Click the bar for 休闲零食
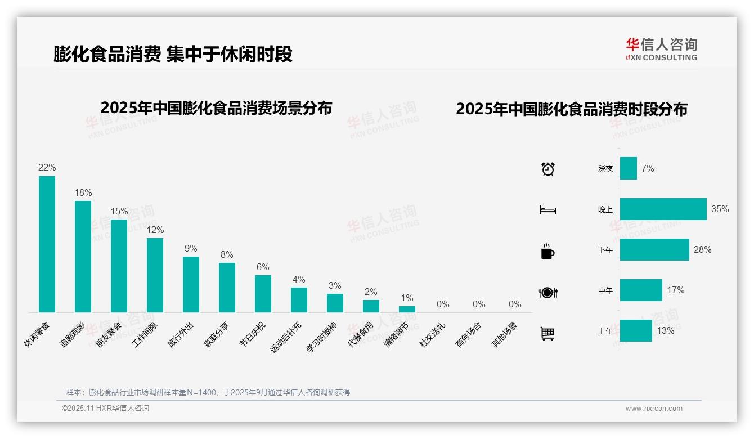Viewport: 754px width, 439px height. (47, 244)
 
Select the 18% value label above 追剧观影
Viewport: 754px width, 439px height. (83, 192)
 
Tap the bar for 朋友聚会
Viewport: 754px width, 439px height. (119, 266)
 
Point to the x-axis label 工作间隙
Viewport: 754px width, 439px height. (145, 334)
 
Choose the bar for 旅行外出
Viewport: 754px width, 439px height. (191, 284)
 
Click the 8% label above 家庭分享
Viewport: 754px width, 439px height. (227, 254)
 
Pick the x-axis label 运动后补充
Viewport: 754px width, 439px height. (286, 337)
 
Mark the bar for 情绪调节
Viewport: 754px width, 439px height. (407, 309)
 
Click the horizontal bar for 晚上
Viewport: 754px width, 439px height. (663, 209)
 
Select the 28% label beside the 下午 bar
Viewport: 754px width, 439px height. (702, 249)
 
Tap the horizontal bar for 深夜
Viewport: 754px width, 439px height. (628, 168)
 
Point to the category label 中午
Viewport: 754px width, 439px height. (605, 290)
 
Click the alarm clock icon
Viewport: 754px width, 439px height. (547, 169)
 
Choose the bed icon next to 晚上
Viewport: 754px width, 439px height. (547, 210)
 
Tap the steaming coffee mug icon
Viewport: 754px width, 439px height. (547, 251)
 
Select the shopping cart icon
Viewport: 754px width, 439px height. (547, 333)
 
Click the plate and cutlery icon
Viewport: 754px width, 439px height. (547, 293)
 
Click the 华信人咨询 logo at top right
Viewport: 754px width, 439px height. (661, 49)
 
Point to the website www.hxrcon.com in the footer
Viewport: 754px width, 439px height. (654, 409)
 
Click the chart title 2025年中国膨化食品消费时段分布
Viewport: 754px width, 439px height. (572, 109)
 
